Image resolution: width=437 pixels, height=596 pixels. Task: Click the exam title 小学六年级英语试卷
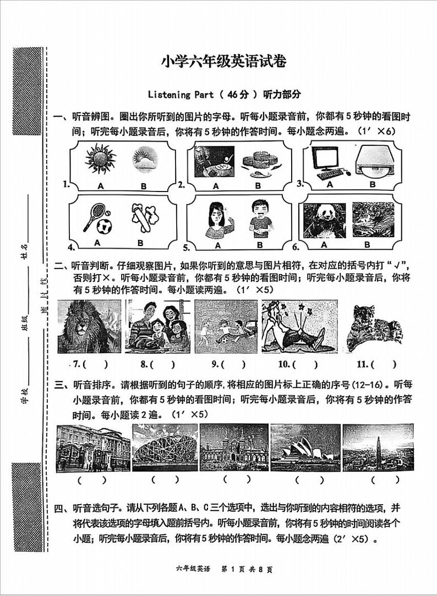[224, 62]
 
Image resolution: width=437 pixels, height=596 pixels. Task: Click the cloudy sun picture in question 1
[144, 159]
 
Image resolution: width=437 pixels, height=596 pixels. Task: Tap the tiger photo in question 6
[372, 220]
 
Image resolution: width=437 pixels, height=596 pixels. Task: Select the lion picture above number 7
[89, 326]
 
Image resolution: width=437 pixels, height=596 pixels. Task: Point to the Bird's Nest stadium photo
[165, 447]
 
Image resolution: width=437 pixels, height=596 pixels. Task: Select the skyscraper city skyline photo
[377, 447]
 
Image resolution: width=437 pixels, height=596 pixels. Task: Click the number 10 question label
[284, 364]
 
